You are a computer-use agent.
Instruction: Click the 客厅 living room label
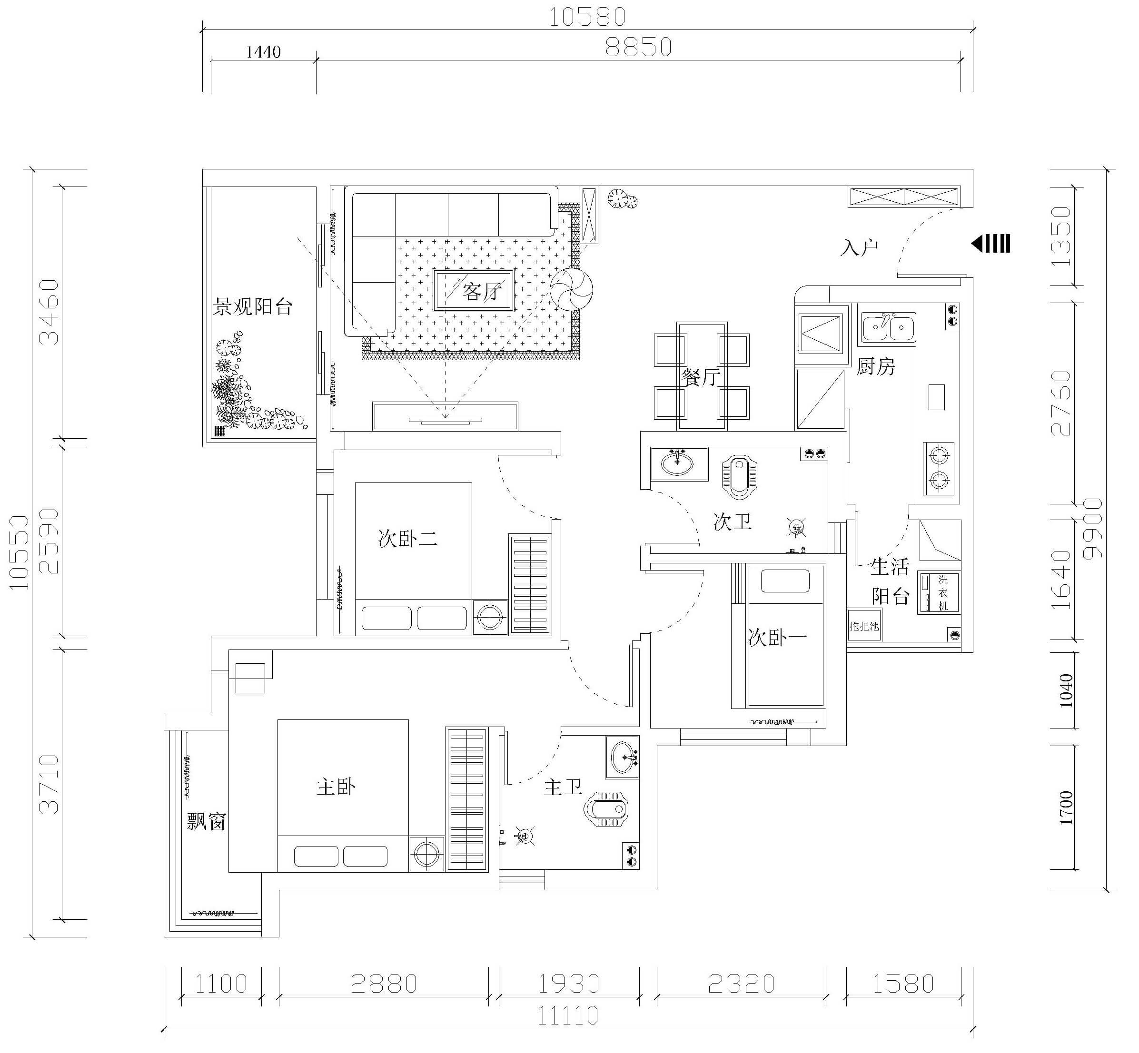[x=482, y=291]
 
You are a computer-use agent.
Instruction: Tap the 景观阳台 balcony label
[x=253, y=306]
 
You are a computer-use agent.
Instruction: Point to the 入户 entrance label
[x=859, y=247]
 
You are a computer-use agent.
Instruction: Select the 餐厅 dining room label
[x=701, y=377]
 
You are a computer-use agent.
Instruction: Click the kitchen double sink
[x=888, y=327]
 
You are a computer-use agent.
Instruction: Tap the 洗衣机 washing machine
[x=938, y=592]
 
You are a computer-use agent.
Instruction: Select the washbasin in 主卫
[x=623, y=756]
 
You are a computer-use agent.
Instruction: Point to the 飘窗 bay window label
[x=207, y=821]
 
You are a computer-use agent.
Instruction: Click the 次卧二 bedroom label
[x=407, y=539]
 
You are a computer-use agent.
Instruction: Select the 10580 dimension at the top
[x=587, y=17]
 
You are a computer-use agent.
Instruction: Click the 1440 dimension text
[x=263, y=52]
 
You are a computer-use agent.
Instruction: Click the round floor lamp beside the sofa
[x=571, y=289]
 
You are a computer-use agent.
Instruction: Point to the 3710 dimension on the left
[x=50, y=784]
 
